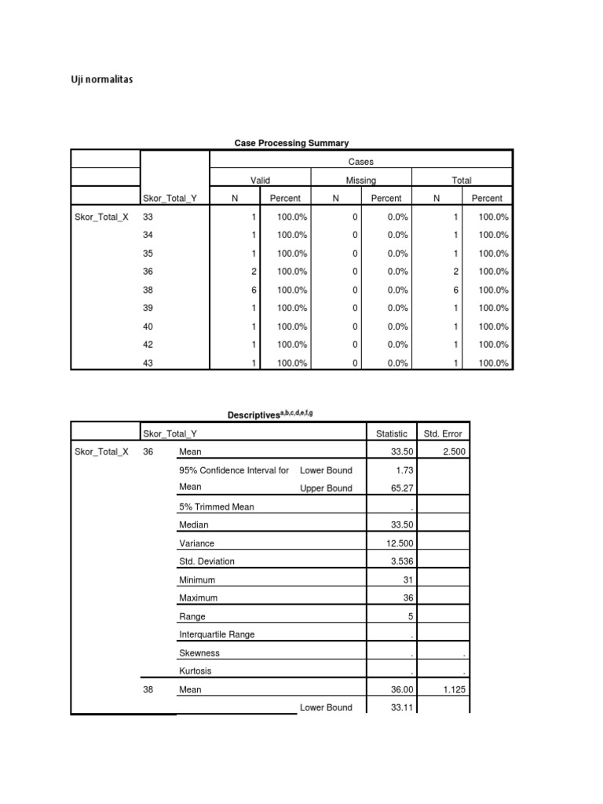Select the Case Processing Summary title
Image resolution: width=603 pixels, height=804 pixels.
pyautogui.click(x=292, y=143)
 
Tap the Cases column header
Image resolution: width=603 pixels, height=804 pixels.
pyautogui.click(x=360, y=162)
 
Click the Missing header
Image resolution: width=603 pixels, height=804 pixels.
pyautogui.click(x=361, y=181)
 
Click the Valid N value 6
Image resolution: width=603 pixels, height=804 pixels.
pyautogui.click(x=254, y=290)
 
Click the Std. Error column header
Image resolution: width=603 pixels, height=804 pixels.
pyautogui.click(x=443, y=433)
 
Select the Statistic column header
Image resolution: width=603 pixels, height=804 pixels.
pyautogui.click(x=392, y=433)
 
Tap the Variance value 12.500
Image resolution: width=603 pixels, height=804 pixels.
pyautogui.click(x=400, y=543)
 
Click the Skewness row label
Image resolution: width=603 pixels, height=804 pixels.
pyautogui.click(x=199, y=653)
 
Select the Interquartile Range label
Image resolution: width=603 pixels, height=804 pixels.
pyautogui.click(x=217, y=634)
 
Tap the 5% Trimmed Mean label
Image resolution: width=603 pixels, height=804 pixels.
pyautogui.click(x=217, y=507)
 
